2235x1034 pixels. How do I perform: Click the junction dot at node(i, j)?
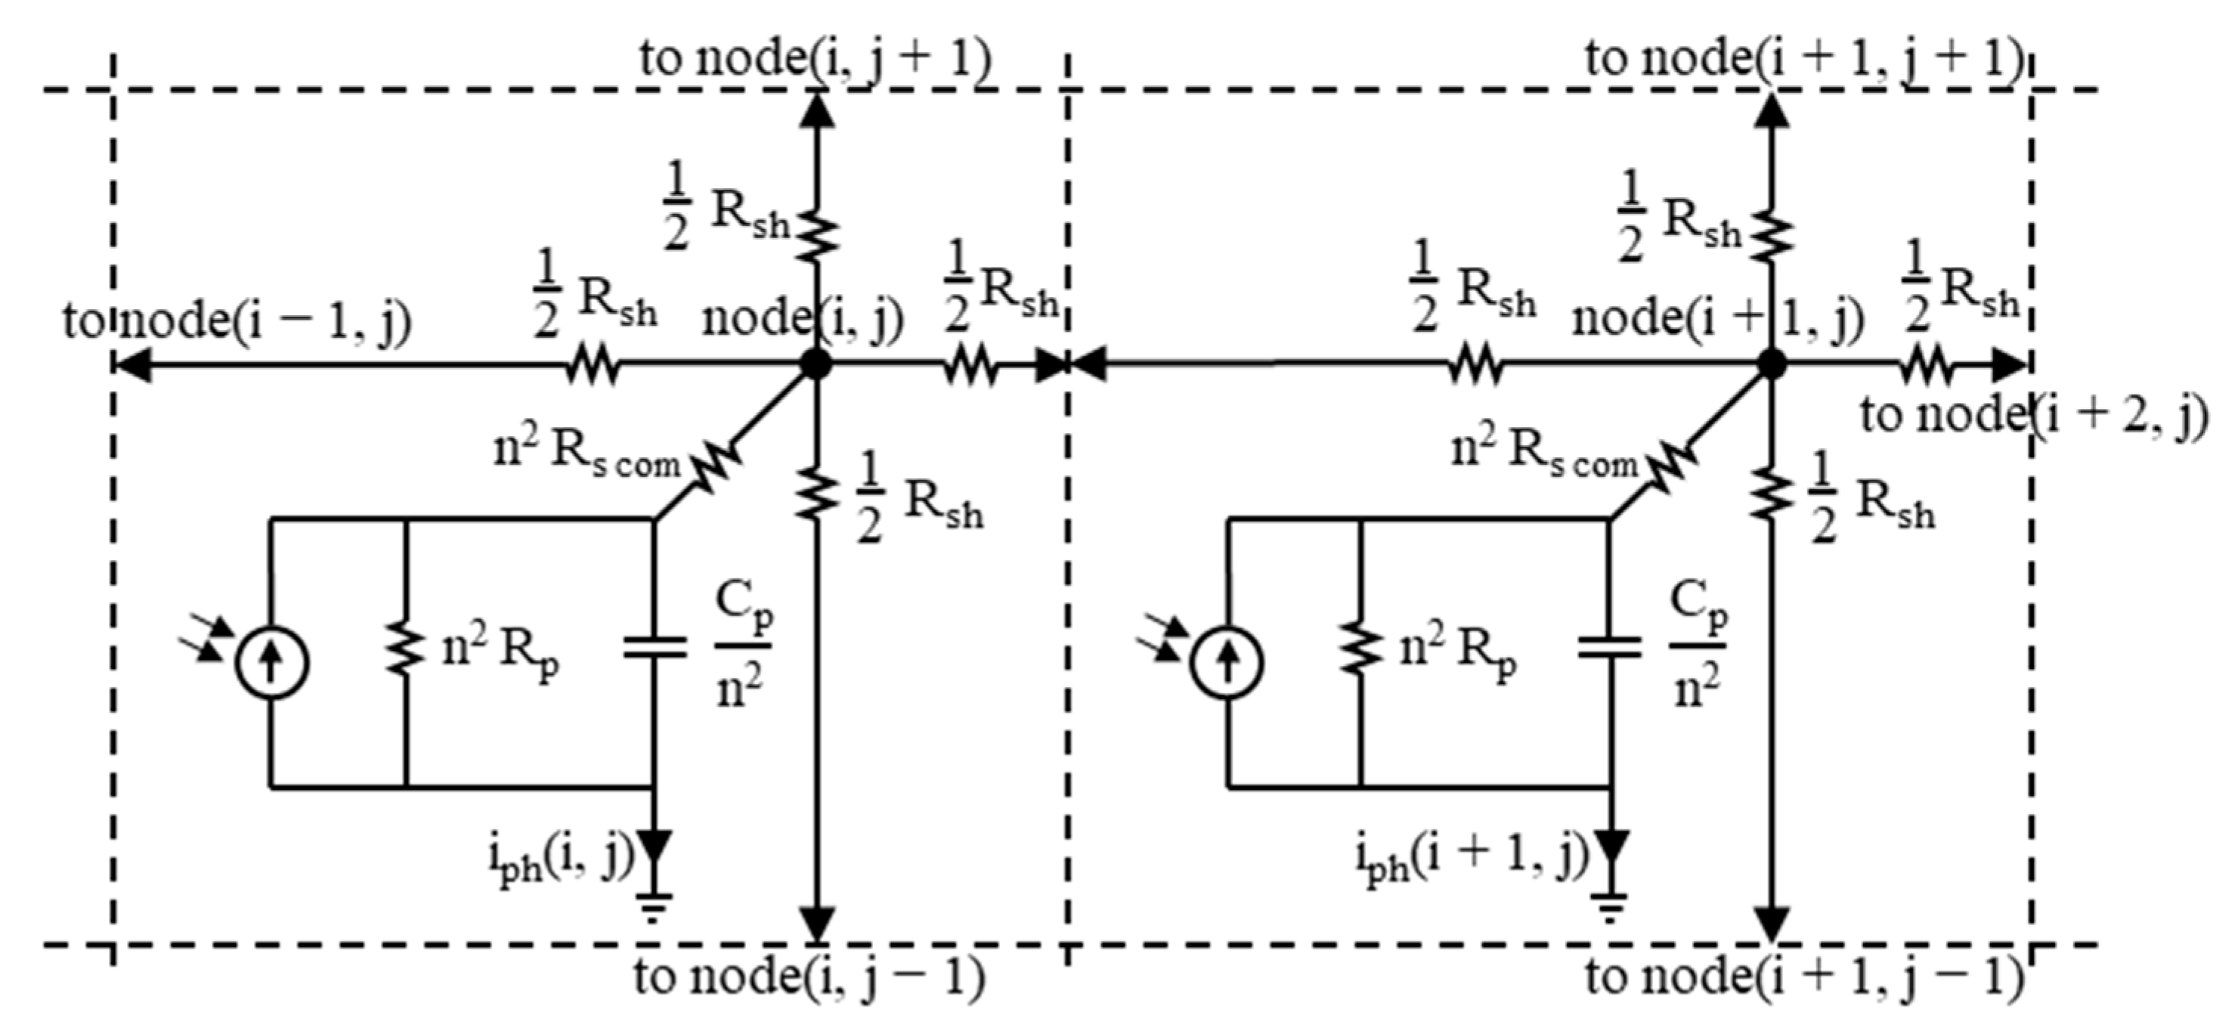coord(816,364)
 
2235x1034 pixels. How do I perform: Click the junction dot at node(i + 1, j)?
coord(1772,364)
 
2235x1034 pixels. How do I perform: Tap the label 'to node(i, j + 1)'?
coord(816,59)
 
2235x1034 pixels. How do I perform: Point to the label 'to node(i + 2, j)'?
coord(2033,415)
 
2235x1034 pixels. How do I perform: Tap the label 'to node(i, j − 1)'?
coord(809,977)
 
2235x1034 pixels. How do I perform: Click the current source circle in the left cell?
coord(271,663)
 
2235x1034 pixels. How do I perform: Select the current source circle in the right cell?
coord(1227,663)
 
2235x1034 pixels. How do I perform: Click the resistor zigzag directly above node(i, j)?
coord(816,233)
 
